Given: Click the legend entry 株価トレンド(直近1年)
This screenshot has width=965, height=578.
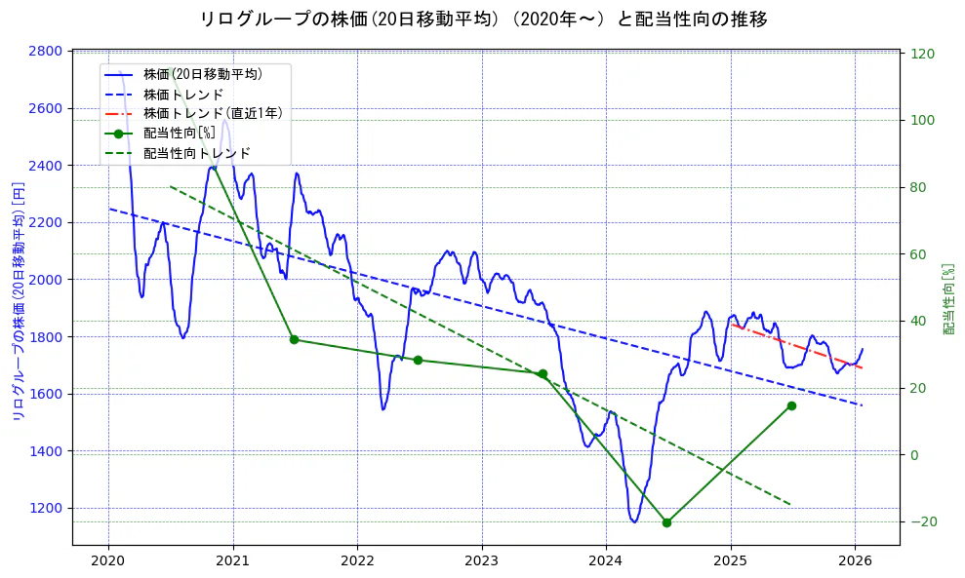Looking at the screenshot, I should click(213, 113).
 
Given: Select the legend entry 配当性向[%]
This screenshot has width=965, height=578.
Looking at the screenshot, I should click(179, 134).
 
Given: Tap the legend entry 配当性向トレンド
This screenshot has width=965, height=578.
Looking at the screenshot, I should click(196, 153).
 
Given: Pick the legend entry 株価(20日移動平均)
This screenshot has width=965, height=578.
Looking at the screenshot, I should click(202, 73).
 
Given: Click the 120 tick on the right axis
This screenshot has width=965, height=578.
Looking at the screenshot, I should click(923, 54).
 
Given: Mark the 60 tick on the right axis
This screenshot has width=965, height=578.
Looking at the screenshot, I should click(920, 254).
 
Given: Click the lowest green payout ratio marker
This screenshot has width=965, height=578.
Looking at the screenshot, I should click(666, 522).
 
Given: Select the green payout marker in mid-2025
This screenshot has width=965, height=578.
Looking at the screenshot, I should click(791, 405).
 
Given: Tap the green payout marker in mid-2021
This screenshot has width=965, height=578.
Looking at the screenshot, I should click(294, 339).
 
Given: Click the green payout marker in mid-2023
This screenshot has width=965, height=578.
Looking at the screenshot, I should click(543, 373).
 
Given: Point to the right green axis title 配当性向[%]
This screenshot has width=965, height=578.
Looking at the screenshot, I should click(948, 298).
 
